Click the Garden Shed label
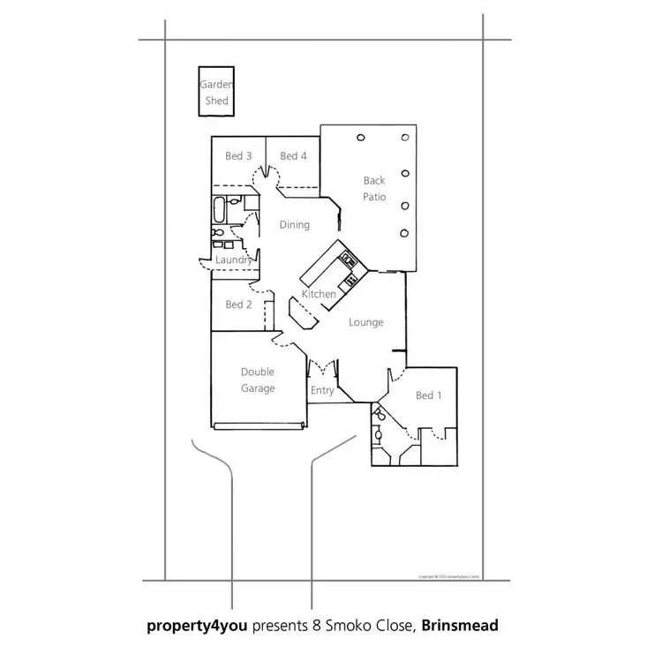[216, 93]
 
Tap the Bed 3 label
[238, 156]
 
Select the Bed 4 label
[293, 156]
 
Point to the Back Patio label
[374, 188]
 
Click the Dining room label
[294, 225]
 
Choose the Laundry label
[234, 260]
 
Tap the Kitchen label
[319, 294]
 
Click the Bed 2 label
[238, 305]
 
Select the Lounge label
[365, 322]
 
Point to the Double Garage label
[258, 380]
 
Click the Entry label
[322, 390]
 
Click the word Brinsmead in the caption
[460, 626]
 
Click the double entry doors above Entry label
[322, 366]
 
